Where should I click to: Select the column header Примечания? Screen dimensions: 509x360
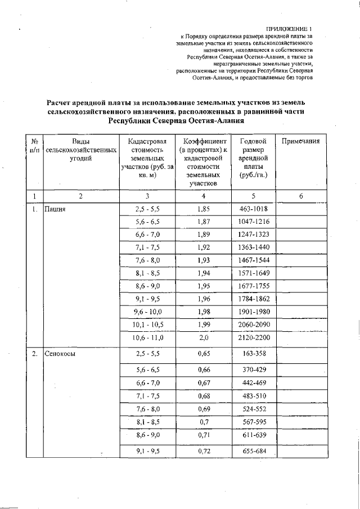300,142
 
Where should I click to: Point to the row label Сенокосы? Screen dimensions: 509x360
61,354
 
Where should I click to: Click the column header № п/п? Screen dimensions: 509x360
35,146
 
